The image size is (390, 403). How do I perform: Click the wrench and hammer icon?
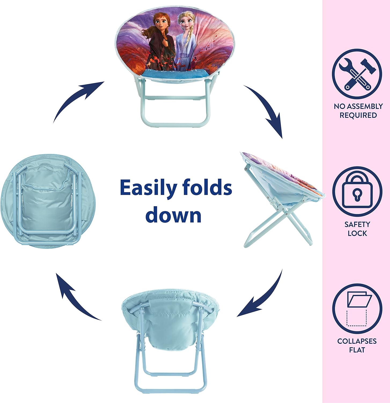[357, 74]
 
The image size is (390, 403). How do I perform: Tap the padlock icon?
[357, 191]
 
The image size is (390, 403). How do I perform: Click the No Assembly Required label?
[358, 111]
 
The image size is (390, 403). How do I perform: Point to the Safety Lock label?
[357, 229]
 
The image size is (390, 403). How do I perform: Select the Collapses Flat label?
[357, 346]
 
